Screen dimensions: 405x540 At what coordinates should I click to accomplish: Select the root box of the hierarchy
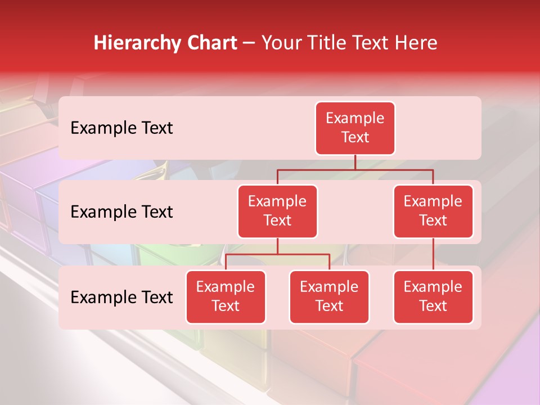tap(355, 128)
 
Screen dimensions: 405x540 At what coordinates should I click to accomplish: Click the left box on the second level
tap(277, 211)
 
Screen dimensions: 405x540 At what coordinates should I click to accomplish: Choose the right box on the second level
tap(433, 211)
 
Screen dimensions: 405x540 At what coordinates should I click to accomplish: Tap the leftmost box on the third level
tap(226, 297)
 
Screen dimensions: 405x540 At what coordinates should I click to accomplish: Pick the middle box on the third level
tap(329, 297)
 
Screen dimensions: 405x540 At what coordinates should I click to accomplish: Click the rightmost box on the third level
tap(433, 297)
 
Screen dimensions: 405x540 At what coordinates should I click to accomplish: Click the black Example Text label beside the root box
tap(121, 128)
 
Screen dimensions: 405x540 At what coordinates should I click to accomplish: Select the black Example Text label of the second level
tap(121, 212)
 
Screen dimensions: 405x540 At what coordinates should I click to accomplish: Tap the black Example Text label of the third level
tap(121, 298)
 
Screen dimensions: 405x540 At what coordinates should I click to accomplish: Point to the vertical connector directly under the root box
tap(355, 162)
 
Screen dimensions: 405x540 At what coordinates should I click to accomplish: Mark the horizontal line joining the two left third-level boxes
tap(277, 254)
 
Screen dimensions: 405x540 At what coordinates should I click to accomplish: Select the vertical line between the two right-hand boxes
tap(433, 254)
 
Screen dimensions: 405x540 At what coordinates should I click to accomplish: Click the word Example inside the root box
tap(355, 119)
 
